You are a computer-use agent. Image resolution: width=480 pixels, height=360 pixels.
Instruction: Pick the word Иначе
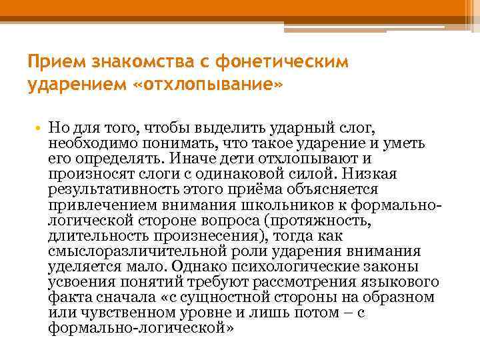[193, 159]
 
